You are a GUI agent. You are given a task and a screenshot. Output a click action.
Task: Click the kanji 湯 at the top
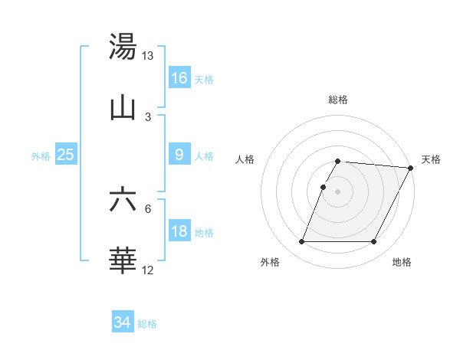pos(123,47)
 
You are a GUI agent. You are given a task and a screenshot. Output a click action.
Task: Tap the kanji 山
pos(123,108)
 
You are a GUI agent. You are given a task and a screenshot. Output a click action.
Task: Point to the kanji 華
pos(123,260)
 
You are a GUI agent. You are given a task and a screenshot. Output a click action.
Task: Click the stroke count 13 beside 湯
pos(147,56)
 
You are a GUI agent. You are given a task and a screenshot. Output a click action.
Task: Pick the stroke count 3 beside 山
pos(147,116)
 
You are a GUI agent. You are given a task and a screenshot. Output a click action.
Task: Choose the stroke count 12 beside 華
pos(147,270)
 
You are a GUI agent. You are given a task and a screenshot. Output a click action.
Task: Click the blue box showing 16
pos(179,77)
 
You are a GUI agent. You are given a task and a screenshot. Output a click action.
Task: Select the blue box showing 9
pos(179,155)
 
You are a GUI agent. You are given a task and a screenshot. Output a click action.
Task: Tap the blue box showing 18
pos(179,231)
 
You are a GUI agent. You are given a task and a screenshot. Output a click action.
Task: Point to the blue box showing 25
pos(66,155)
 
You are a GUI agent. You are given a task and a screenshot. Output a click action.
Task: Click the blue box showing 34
pos(123,322)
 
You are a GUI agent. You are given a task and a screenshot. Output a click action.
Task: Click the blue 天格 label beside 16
pos(204,79)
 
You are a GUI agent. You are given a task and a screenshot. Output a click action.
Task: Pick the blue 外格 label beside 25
pos(41,156)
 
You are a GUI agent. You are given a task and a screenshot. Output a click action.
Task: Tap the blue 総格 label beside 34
pos(147,324)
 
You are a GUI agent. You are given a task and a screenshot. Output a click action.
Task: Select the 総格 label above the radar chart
pos(337,100)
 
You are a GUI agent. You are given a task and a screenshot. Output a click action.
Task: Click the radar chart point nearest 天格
pos(412,168)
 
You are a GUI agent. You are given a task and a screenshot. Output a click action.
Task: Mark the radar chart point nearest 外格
pos(301,242)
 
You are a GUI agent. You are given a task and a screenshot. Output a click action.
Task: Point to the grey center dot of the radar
pos(337,191)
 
